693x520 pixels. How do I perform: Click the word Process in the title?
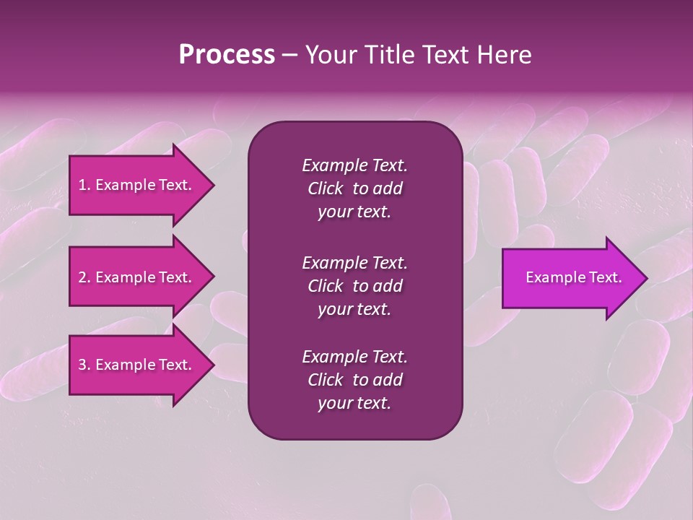pos(227,55)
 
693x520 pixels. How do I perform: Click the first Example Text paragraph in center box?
pos(354,188)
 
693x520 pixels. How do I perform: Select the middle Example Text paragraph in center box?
pos(354,285)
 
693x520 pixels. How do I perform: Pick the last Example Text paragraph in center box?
pos(354,380)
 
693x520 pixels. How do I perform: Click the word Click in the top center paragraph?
pos(325,188)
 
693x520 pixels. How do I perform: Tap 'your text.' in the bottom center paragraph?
pos(354,404)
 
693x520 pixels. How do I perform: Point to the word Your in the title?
pos(329,55)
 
